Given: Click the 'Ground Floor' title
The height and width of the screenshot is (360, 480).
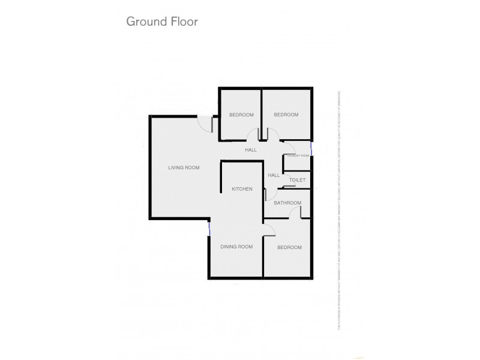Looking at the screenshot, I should click(161, 22).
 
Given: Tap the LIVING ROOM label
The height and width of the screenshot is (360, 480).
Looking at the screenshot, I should click(184, 167).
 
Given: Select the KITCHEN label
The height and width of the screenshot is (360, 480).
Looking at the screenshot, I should click(242, 189).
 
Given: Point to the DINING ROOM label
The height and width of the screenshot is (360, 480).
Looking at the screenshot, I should click(236, 247).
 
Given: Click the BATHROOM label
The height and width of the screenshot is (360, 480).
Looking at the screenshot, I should click(287, 203).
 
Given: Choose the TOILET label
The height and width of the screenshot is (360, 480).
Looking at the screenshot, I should click(298, 180).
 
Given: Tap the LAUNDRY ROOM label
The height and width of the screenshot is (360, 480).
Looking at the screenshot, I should click(297, 155).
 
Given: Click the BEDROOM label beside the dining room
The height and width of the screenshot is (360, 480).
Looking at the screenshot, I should click(289, 247).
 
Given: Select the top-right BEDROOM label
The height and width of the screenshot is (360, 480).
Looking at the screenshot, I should click(286, 115).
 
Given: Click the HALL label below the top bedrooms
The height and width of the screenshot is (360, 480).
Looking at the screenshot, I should click(251, 149).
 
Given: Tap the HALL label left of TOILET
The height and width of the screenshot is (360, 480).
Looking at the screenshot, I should click(274, 175).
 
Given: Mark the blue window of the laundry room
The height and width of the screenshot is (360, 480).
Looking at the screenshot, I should click(311, 148).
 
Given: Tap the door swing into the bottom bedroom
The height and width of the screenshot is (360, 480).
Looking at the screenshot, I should click(269, 229).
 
